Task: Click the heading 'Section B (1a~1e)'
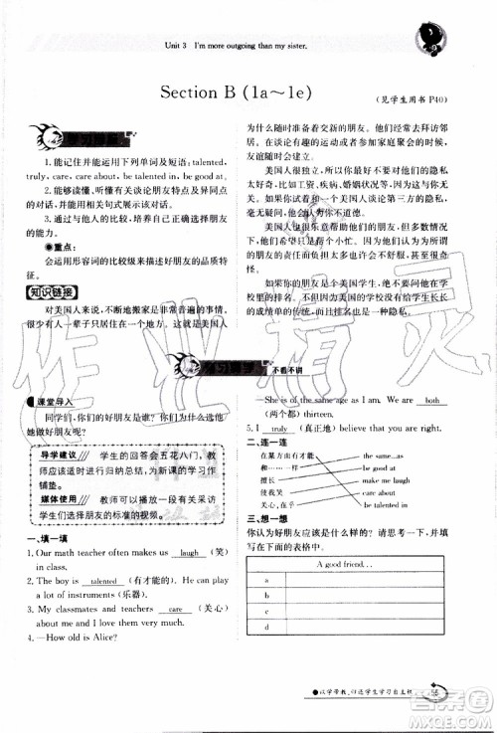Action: [x=237, y=93]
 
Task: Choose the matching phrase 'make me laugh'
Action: [x=385, y=478]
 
